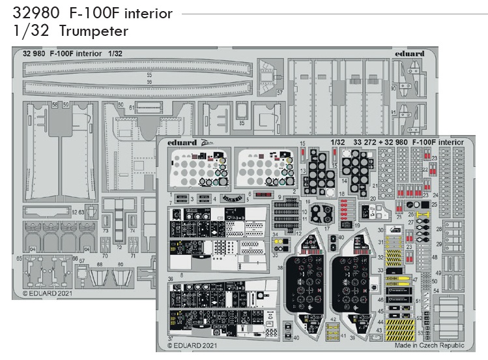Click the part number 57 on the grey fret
point(280,93)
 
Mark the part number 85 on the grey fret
point(242,122)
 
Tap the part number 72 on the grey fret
point(119,248)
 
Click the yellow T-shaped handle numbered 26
point(424,214)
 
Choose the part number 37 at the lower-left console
point(170,338)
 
